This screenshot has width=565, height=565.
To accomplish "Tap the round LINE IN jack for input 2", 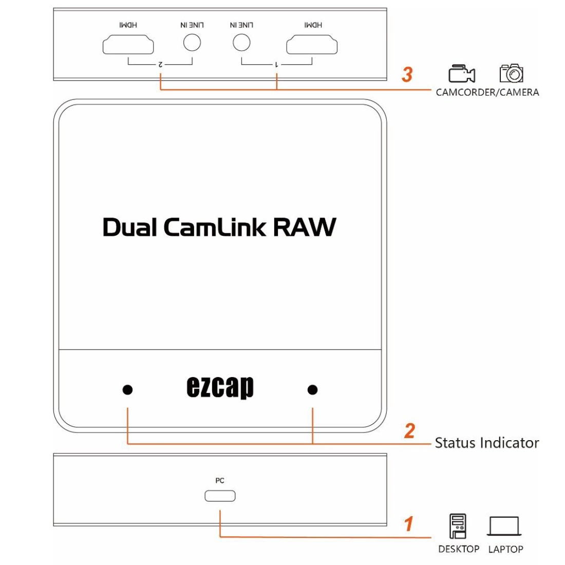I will [192, 42].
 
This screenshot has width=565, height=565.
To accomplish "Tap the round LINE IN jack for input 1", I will [241, 42].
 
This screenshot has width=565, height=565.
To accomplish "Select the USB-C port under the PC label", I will [220, 496].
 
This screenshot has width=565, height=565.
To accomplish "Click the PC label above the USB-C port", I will [220, 481].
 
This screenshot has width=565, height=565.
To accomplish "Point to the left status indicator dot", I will [128, 390].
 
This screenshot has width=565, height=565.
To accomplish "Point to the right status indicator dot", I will [312, 390].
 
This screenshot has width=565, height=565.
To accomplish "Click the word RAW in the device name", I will [304, 227].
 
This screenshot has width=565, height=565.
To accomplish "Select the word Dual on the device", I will [130, 227].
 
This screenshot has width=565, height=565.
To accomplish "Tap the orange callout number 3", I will [407, 74].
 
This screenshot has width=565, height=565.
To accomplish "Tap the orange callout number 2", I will [409, 430].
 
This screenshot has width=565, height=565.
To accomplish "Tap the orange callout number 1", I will [409, 524].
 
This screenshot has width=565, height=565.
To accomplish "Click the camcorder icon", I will [461, 74].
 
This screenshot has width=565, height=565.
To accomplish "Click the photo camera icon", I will [511, 73].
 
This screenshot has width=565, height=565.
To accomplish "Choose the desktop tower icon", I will [458, 526].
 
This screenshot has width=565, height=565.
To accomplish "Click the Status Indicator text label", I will [486, 443].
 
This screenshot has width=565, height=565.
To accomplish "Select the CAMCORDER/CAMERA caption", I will [487, 92].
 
